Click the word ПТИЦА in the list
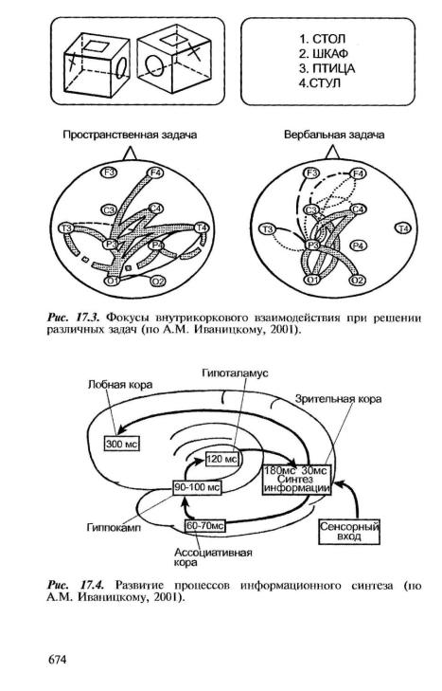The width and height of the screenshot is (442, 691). (x=333, y=69)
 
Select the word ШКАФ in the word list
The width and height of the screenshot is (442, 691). (x=330, y=54)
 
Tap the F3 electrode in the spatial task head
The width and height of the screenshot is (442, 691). (x=109, y=173)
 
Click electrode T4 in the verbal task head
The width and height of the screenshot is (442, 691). (x=403, y=228)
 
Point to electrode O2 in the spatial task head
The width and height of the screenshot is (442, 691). (x=158, y=281)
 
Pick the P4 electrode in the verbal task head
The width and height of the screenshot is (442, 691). (x=359, y=245)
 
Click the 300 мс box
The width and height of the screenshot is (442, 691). (x=121, y=444)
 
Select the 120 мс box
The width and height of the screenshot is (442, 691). (x=222, y=459)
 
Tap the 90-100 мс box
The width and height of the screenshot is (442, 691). (x=197, y=488)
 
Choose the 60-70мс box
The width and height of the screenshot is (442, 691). (x=204, y=526)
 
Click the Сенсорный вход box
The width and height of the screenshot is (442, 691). (x=349, y=532)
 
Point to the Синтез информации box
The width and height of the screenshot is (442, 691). (x=297, y=480)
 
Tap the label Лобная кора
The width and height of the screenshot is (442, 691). (x=120, y=384)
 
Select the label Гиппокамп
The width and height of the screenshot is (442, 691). (x=114, y=527)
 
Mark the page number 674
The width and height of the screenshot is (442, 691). (x=57, y=660)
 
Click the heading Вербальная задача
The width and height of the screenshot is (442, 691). (x=334, y=135)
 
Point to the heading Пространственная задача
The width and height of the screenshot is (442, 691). (x=130, y=135)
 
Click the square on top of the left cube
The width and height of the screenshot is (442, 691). (x=96, y=45)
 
